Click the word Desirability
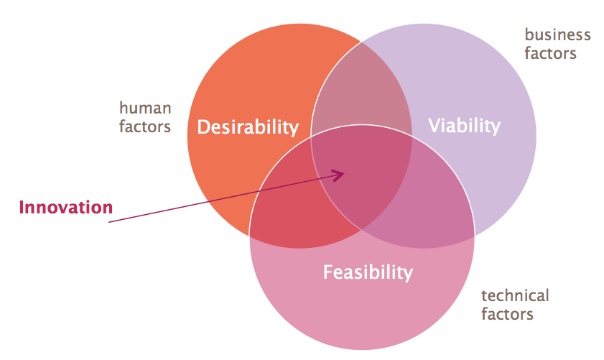248,127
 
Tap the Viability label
464,126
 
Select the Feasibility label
368,272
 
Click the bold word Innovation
66,208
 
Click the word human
145,109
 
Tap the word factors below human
145,126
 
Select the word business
558,34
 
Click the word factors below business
550,53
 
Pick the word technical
515,295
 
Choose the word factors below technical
507,314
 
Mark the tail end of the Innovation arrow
109,222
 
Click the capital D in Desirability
203,126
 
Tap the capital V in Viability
435,125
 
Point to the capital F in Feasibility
328,272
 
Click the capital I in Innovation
22,208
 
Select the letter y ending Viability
496,129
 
